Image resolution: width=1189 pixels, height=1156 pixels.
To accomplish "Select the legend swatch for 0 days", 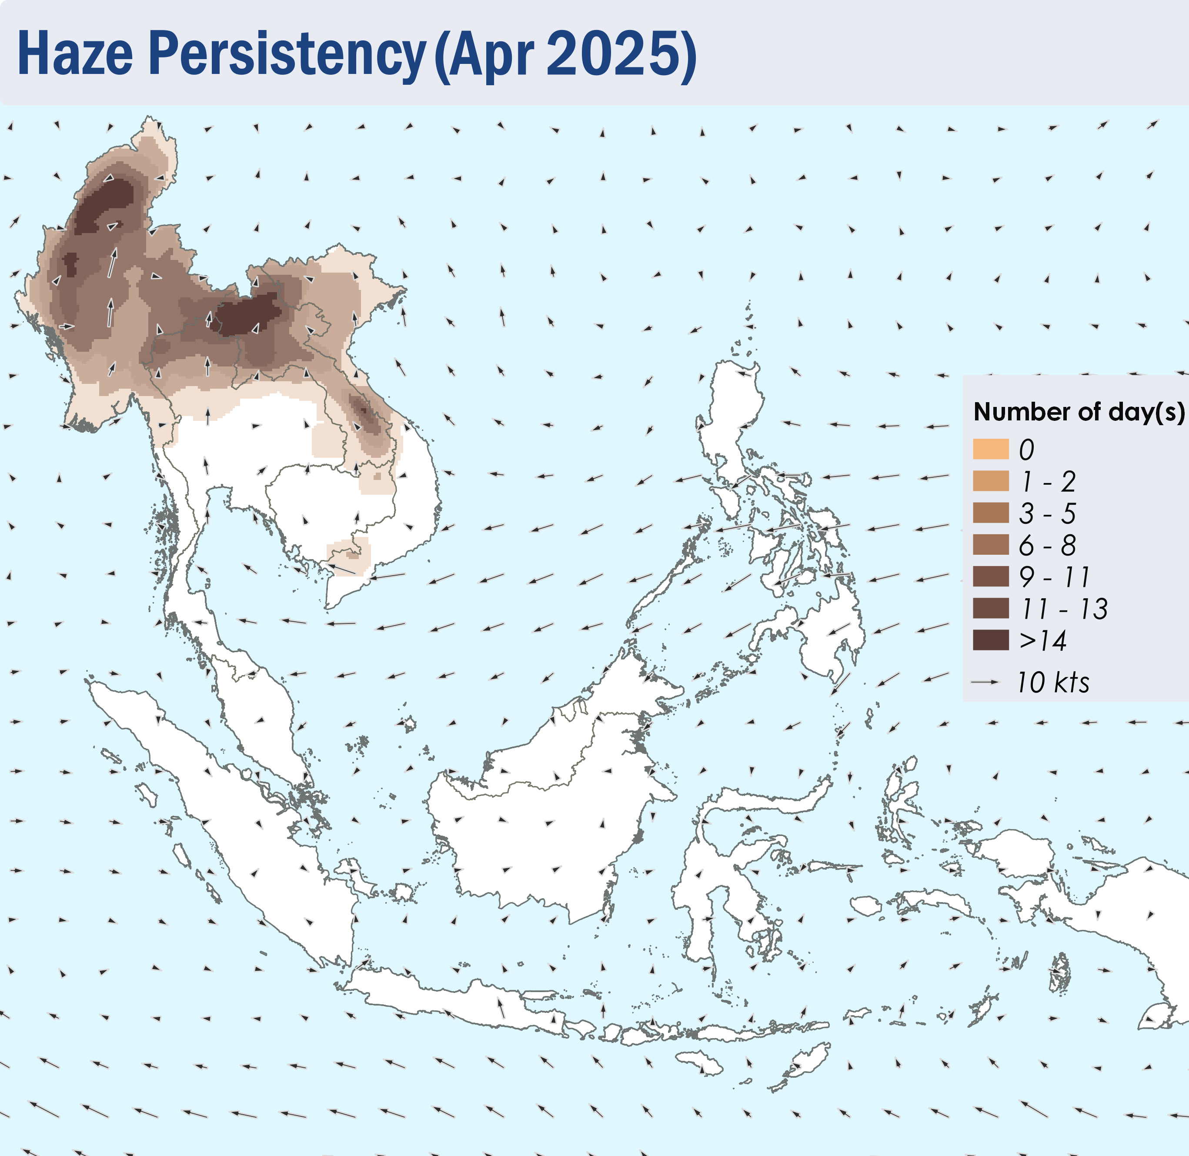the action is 990,449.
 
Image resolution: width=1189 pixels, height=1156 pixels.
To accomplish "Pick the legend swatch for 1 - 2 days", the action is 990,481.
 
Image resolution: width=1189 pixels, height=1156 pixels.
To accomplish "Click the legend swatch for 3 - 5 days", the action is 990,513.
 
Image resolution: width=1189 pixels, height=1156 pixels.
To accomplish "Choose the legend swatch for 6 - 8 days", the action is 990,545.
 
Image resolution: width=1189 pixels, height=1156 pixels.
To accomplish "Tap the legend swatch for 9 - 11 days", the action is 990,576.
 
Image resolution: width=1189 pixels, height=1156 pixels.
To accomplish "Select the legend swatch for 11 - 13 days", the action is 990,608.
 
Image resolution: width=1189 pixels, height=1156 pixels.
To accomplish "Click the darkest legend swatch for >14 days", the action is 990,640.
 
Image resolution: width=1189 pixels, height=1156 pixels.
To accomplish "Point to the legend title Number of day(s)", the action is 1079,412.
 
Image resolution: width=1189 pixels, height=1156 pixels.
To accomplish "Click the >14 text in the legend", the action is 1042,640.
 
